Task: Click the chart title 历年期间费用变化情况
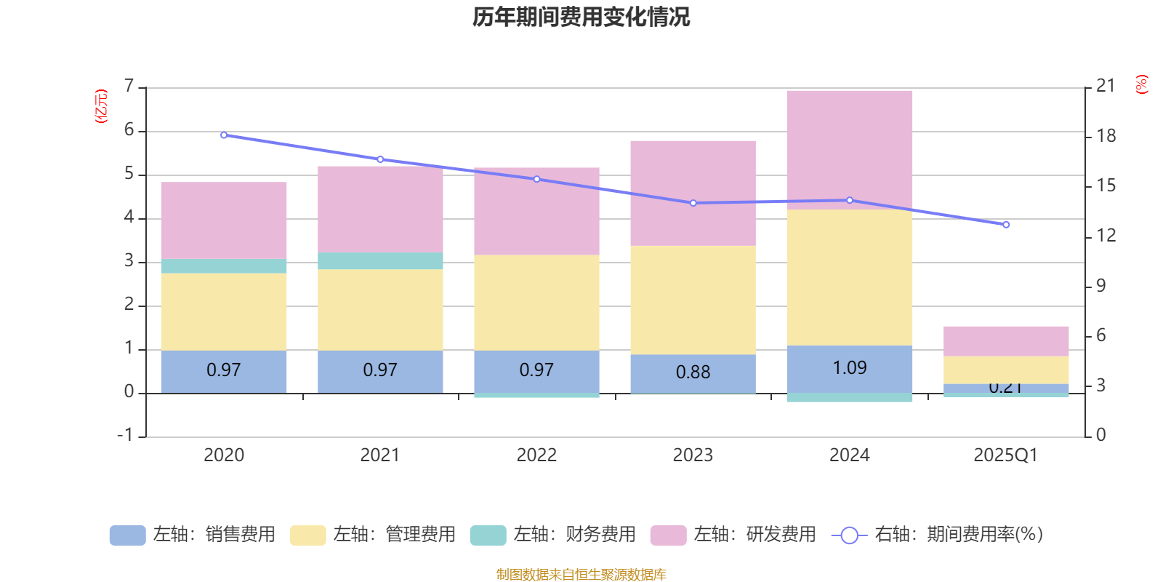[581, 17]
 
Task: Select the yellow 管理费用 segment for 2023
[693, 300]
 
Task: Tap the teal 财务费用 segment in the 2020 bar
[223, 266]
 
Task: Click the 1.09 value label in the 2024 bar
[849, 368]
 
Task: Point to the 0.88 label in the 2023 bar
[693, 372]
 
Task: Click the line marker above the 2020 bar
[224, 135]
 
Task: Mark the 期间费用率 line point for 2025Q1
[1006, 225]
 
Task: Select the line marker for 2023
[693, 203]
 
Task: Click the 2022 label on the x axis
[536, 455]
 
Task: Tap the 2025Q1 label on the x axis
[1005, 455]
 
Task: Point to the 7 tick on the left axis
[129, 87]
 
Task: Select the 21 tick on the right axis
[1106, 86]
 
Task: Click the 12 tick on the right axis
[1106, 236]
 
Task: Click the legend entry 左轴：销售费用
[193, 535]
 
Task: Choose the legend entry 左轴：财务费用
[553, 535]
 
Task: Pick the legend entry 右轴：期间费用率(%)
[938, 535]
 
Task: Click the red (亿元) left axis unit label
[101, 106]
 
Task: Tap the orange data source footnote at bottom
[581, 575]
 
